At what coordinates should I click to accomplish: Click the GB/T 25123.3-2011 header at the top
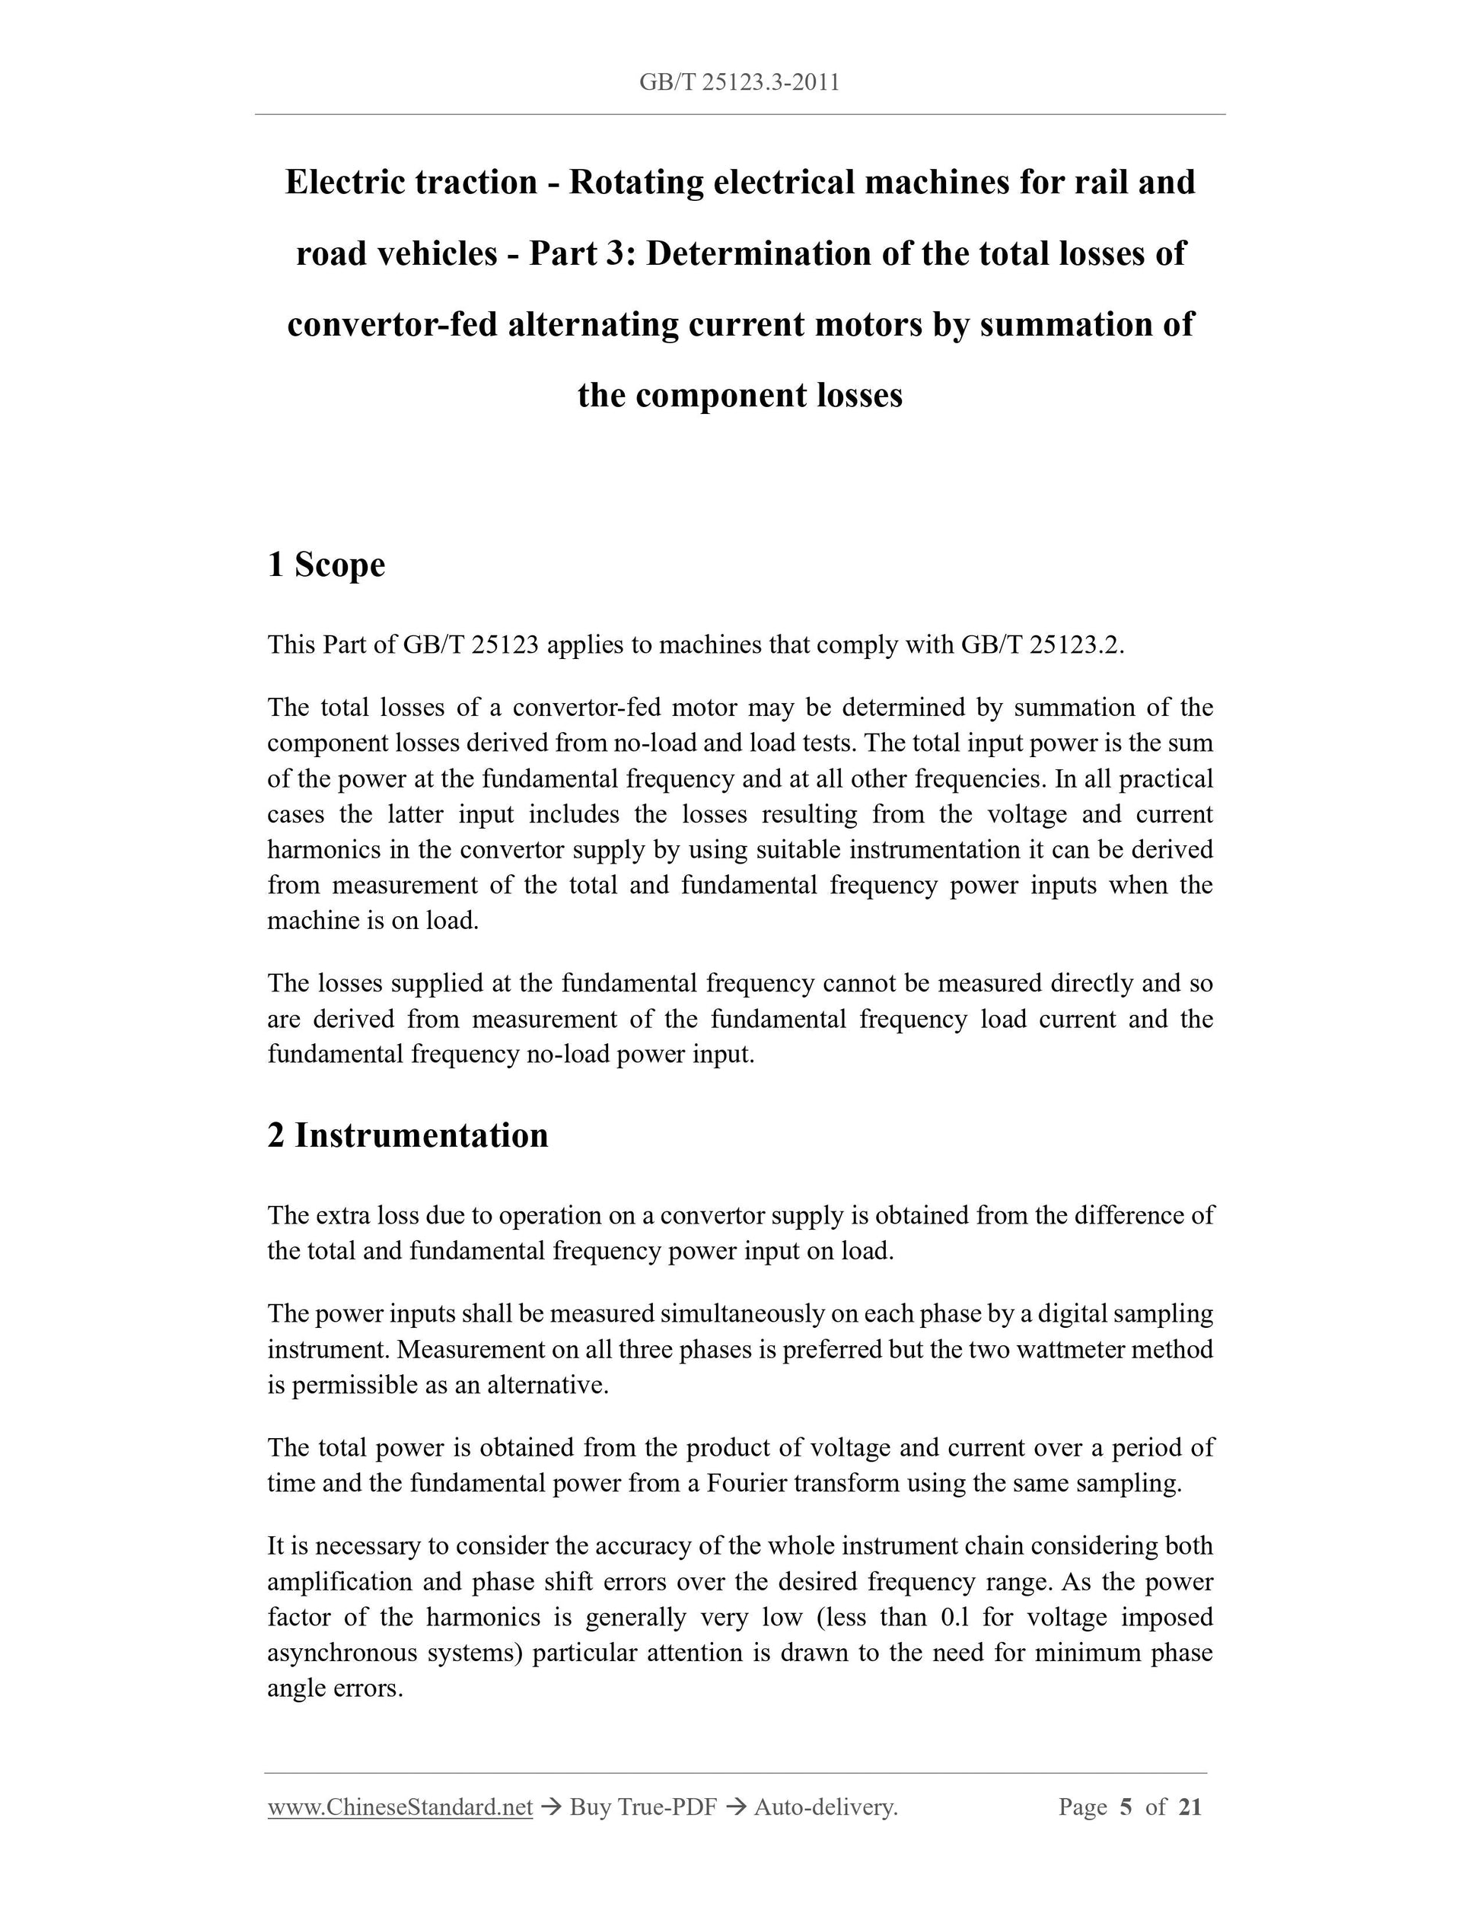coord(740,82)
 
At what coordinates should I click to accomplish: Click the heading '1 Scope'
coord(326,564)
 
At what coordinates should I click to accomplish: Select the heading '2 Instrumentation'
coord(408,1135)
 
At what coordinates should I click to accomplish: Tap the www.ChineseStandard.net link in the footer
coord(400,1806)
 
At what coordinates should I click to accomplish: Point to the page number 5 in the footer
coord(1126,1806)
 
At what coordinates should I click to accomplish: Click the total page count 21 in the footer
coord(1190,1806)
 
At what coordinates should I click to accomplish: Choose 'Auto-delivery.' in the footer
coord(826,1806)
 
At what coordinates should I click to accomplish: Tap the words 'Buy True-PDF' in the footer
coord(643,1806)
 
